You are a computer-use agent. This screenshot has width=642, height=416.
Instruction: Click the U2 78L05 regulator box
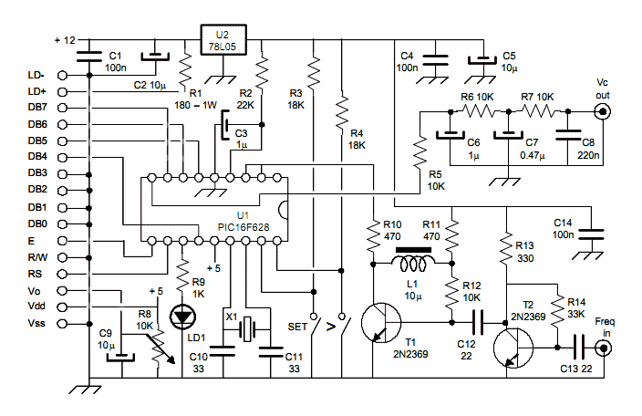point(223,40)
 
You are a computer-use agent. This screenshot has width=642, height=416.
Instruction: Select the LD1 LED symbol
point(182,317)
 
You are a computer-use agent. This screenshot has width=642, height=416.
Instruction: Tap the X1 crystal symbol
point(247,329)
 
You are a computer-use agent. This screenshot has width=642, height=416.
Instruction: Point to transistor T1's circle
point(381,323)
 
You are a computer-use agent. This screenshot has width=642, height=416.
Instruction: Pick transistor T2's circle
point(513,348)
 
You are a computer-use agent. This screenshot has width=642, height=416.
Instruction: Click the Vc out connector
point(603,111)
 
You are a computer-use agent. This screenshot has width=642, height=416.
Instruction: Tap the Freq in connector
point(604,348)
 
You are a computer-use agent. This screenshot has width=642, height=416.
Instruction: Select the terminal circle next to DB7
point(62,108)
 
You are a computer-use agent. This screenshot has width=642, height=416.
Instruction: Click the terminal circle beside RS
point(62,274)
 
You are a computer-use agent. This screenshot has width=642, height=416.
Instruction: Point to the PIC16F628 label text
point(243,227)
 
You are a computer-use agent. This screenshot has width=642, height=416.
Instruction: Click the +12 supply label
point(65,40)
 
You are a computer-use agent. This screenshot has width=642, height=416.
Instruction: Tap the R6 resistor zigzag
point(479,111)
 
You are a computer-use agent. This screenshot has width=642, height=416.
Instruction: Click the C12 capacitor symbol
point(478,323)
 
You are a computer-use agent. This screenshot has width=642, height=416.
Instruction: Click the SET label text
point(297,327)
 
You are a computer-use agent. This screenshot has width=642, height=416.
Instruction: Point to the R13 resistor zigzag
point(506,248)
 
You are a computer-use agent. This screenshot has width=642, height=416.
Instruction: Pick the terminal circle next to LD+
point(62,91)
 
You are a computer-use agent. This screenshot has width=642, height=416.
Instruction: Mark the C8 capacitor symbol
point(567,135)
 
